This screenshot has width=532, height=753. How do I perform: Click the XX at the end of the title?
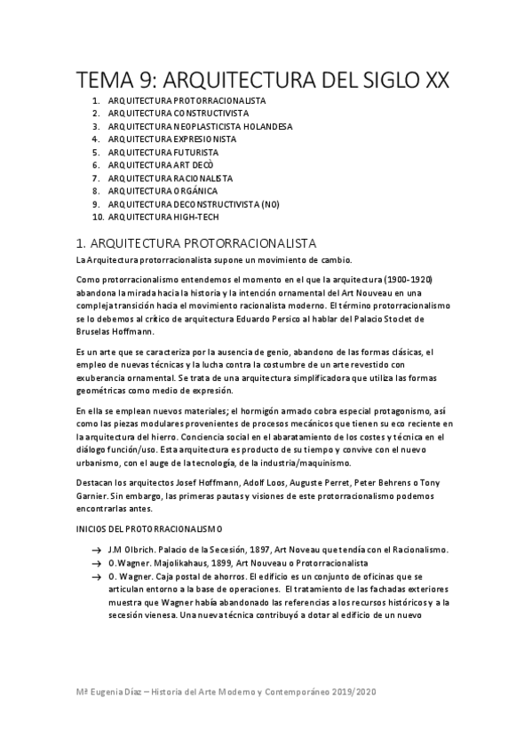435,81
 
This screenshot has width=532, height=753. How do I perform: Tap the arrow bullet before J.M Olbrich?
95,551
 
